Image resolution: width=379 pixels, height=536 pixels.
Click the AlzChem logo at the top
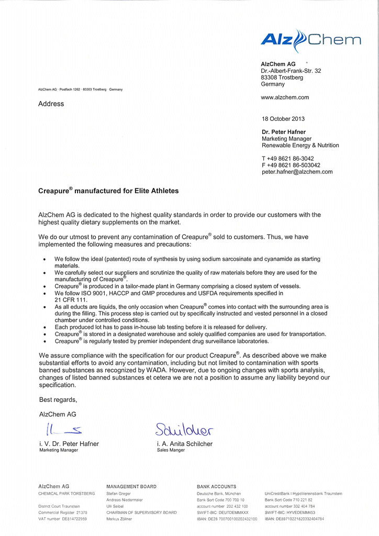tap(310, 40)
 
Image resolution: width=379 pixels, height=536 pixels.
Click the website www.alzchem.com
tap(285, 97)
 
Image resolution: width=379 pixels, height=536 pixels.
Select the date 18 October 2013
tap(283, 119)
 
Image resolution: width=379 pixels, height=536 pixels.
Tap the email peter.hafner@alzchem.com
tap(297, 172)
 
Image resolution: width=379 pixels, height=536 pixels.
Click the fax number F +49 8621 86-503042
tap(291, 165)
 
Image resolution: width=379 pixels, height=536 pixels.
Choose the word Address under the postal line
tap(51, 104)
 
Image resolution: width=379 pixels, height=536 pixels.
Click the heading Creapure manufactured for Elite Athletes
tap(108, 191)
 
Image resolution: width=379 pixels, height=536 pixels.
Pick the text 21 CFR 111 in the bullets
tap(72, 300)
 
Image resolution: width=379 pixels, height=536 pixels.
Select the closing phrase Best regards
tap(58, 400)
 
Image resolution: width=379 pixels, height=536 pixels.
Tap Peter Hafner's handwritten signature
tap(62, 430)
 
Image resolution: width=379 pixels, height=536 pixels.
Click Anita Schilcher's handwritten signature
tap(184, 430)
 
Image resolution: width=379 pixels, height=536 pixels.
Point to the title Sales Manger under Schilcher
tap(171, 450)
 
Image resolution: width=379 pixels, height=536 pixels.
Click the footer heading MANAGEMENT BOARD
tap(131, 487)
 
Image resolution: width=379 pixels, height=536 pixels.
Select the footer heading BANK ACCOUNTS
tap(216, 487)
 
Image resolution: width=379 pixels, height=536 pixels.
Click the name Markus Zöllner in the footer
tap(119, 519)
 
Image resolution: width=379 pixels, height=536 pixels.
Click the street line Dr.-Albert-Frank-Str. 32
tap(291, 71)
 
